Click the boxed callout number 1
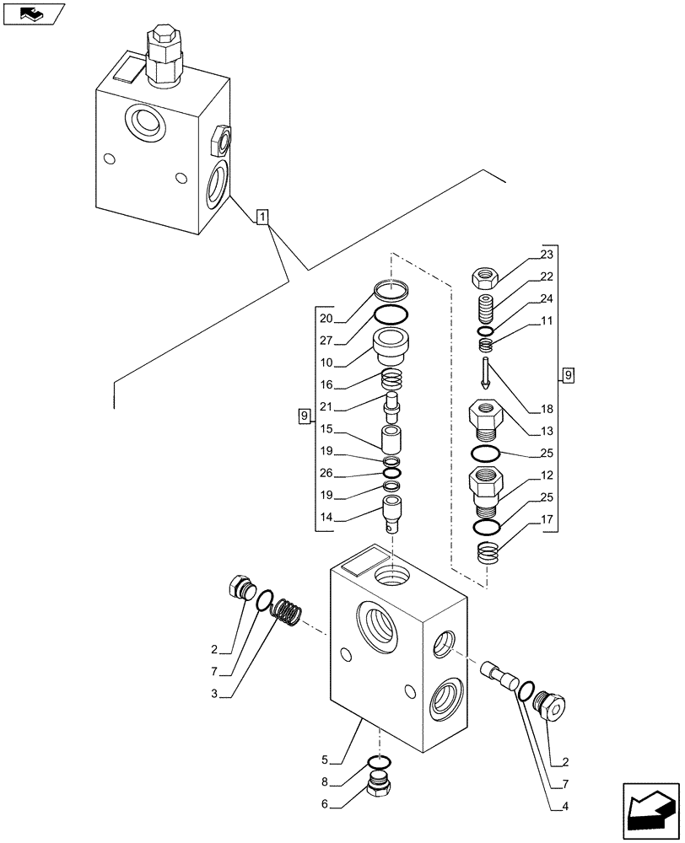263,217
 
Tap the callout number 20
326,319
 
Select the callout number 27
326,341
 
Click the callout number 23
547,255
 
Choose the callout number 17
547,520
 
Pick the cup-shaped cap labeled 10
391,346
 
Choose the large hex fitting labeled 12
486,491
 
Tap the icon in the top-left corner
34,14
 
